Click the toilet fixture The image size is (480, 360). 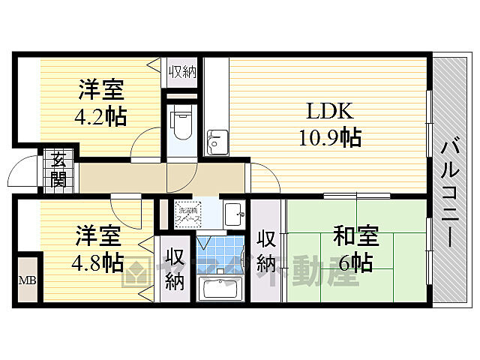pos(181,124)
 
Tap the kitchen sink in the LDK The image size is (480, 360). pos(217,140)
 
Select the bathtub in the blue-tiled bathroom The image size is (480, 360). pos(220,289)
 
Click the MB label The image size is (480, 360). pos(25,281)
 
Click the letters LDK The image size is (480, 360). pos(328,111)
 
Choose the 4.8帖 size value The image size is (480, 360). pos(99,262)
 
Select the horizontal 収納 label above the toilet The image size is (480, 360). pos(181,73)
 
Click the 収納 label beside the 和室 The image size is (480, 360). pos(266,251)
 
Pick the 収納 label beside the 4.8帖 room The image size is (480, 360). pos(175,268)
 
